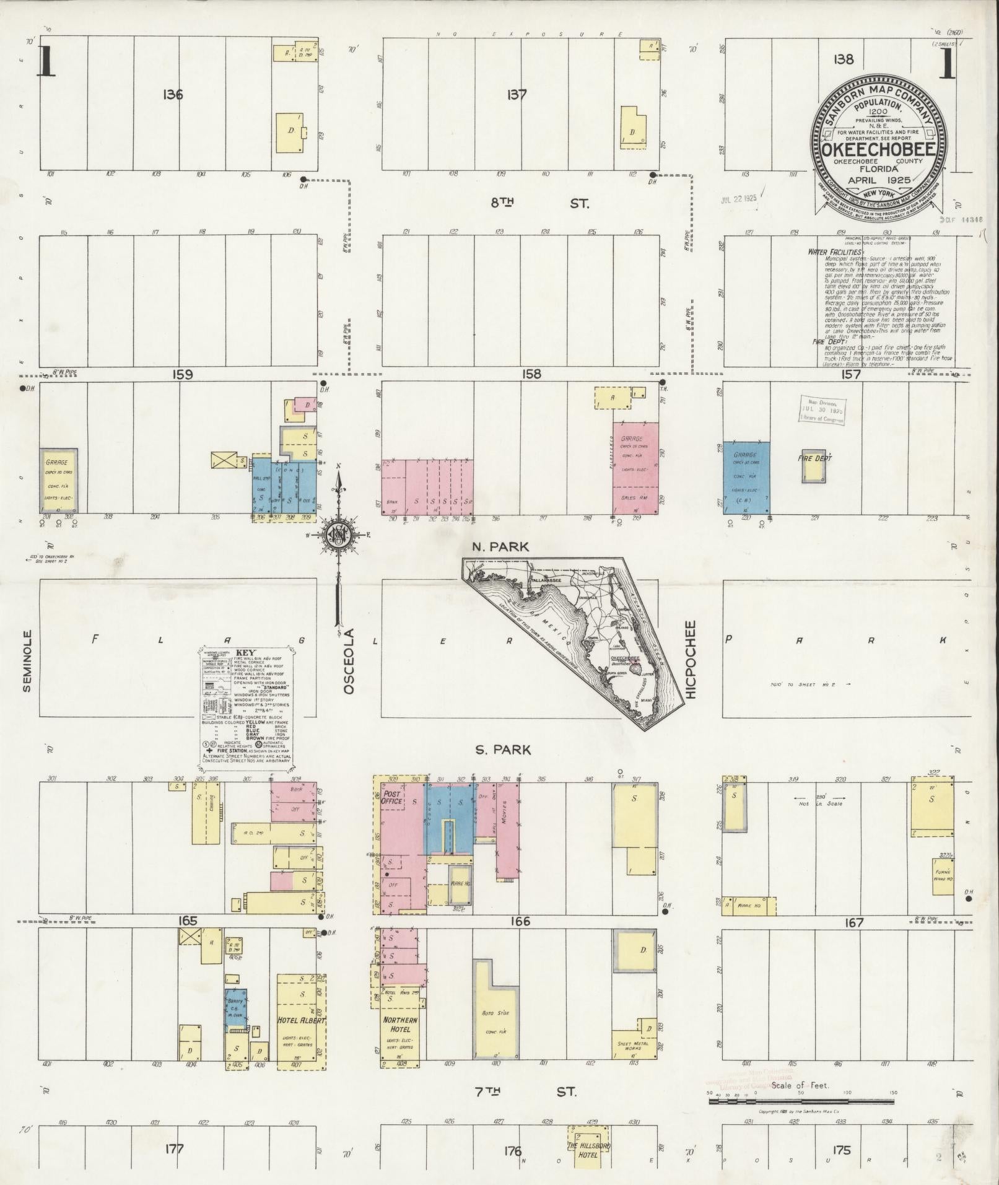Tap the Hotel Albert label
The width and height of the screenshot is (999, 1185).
point(301,1020)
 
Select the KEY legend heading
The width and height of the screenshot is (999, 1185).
point(245,653)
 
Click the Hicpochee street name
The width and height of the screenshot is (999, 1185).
point(691,660)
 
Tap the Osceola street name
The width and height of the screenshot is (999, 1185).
point(349,660)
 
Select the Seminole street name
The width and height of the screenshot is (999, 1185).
point(27,662)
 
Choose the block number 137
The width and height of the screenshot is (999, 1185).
point(516,95)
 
